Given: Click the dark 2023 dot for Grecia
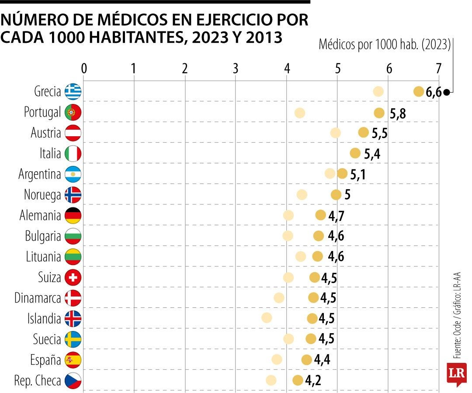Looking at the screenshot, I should pos(419,92).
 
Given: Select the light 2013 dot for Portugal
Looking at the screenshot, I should pos(299,113).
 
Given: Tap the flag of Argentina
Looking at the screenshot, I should pos(73,174).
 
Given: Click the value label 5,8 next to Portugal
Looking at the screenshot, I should pos(398,114).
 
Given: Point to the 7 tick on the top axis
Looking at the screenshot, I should pos(439,69).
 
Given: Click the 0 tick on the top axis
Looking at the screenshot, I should pos(84,69).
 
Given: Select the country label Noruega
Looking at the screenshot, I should pos(42,195).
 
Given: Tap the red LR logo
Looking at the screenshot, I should pos(456,373).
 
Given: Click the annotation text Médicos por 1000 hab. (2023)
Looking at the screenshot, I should pos(385,45).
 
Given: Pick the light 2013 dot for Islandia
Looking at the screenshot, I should pos(267,318).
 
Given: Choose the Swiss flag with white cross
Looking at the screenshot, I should pos(73,277).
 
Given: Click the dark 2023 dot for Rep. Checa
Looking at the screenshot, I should pos(298,380).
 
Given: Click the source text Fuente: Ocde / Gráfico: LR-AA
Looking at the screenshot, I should pos(458,314).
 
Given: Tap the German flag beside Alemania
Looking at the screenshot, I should pos(73,215).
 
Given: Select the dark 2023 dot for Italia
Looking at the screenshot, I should pos(355,153).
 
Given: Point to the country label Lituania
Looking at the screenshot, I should pos(43,257).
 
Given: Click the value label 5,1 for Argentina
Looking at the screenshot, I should pos(358,174).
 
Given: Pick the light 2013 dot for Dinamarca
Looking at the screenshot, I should pos(279,298).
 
